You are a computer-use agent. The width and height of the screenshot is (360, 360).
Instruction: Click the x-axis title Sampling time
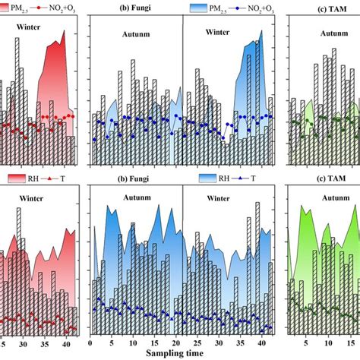pyautogui.click(x=181, y=352)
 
